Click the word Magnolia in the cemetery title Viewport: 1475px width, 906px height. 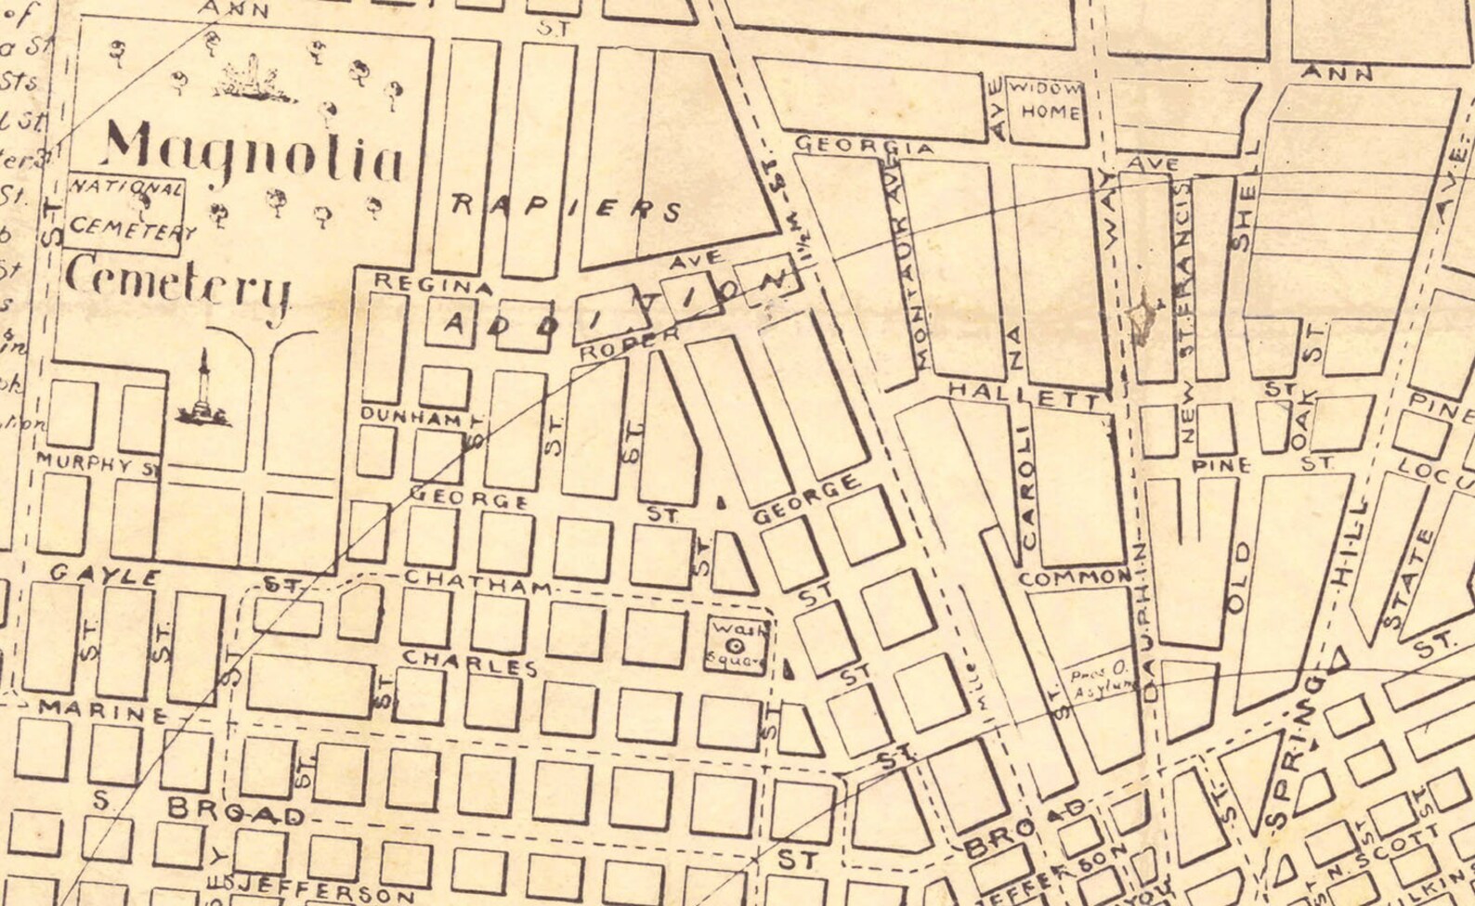coord(253,153)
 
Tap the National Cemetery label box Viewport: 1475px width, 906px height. coord(126,208)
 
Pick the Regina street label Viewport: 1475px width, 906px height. coord(432,284)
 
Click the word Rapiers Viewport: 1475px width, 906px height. coord(566,206)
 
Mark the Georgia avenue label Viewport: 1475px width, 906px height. coord(864,147)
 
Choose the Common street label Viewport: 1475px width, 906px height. coord(1075,577)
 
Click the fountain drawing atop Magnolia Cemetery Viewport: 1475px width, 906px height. coord(252,80)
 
